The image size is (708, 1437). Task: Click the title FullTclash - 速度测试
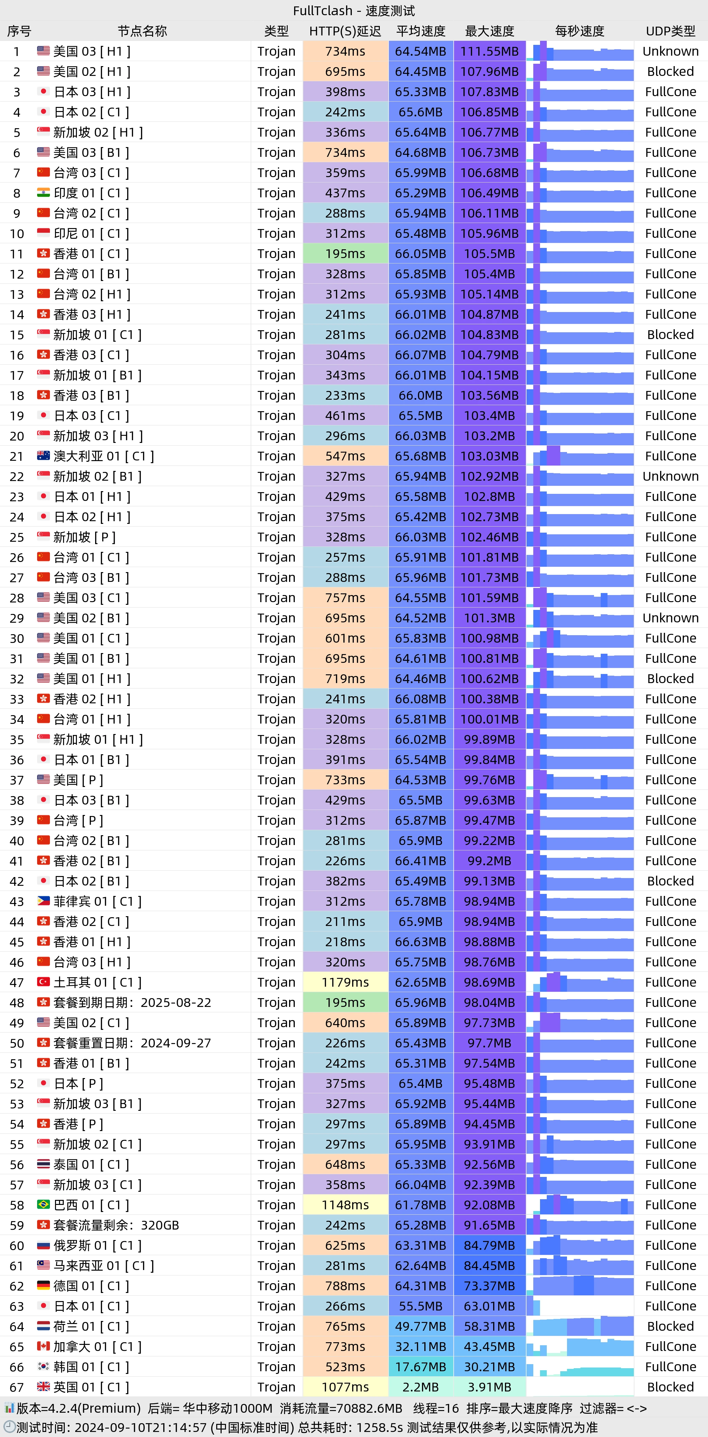[x=354, y=10]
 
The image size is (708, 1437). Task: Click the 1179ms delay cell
[x=345, y=982]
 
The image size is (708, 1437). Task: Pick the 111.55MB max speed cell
[x=489, y=51]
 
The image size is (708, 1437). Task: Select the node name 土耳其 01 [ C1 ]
[x=97, y=982]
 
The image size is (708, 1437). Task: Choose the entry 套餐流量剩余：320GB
[x=116, y=1225]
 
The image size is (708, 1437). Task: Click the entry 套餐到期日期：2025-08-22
[x=132, y=1003]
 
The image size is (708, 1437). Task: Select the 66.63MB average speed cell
[x=420, y=941]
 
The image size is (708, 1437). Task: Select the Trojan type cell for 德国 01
[x=276, y=1286]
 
